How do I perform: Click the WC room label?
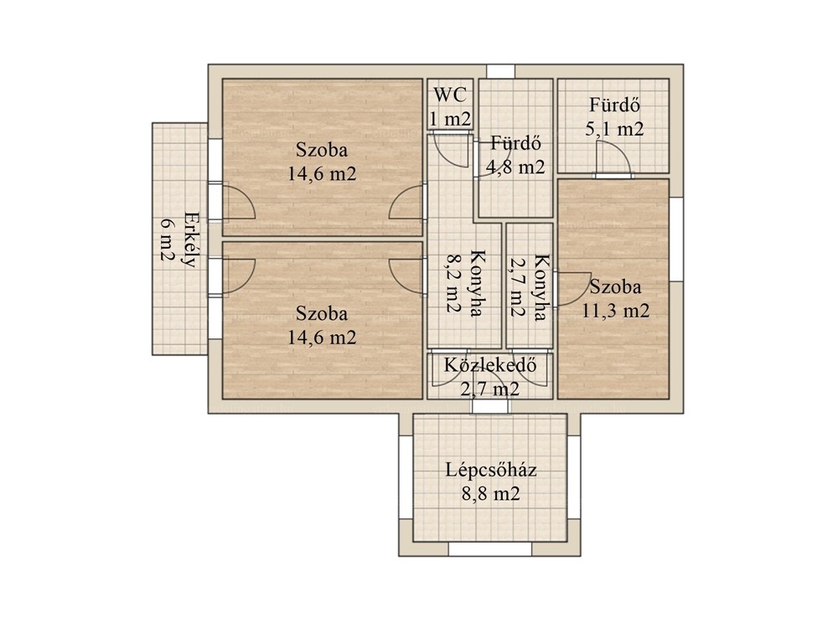point(449,95)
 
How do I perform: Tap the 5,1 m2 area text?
point(614,129)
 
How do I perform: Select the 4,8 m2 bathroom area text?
point(515,167)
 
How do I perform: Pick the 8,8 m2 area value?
point(490,493)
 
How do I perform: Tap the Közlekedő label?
point(489,365)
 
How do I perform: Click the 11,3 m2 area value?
point(615,311)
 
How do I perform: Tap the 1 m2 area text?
point(450,119)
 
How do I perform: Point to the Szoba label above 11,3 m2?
point(615,287)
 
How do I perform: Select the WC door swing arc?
point(452,152)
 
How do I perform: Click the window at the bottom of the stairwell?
point(490,549)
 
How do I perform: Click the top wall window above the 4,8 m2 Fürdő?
point(500,71)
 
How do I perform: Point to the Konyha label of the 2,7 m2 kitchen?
point(541,287)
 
